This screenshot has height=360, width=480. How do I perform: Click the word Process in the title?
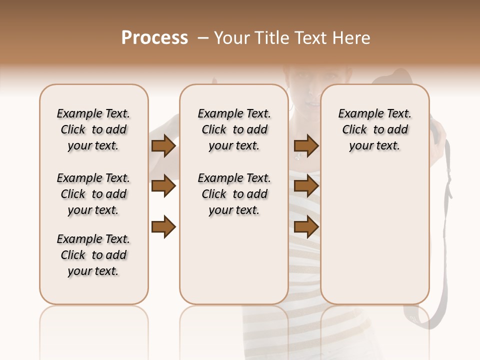pyautogui.click(x=154, y=38)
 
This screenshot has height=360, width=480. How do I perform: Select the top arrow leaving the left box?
pyautogui.click(x=163, y=146)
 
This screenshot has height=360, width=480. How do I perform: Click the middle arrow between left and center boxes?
pyautogui.click(x=163, y=186)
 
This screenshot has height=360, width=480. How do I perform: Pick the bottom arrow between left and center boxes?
pyautogui.click(x=163, y=227)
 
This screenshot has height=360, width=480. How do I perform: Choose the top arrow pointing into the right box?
pyautogui.click(x=306, y=146)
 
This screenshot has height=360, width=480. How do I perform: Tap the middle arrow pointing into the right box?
pyautogui.click(x=306, y=186)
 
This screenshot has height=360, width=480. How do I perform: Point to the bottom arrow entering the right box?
pyautogui.click(x=306, y=227)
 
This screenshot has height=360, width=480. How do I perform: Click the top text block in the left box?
pyautogui.click(x=93, y=129)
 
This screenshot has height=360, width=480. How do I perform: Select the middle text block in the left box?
pyautogui.click(x=93, y=194)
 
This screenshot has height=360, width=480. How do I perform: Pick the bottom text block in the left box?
pyautogui.click(x=93, y=255)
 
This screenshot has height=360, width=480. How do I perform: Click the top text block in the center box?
pyautogui.click(x=234, y=129)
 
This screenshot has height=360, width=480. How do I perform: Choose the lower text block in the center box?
pyautogui.click(x=234, y=194)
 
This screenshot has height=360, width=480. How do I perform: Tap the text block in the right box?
pyautogui.click(x=375, y=129)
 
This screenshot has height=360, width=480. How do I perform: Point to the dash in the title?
pyautogui.click(x=203, y=38)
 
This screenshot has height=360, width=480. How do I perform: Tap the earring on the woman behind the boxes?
pyautogui.click(x=291, y=106)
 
